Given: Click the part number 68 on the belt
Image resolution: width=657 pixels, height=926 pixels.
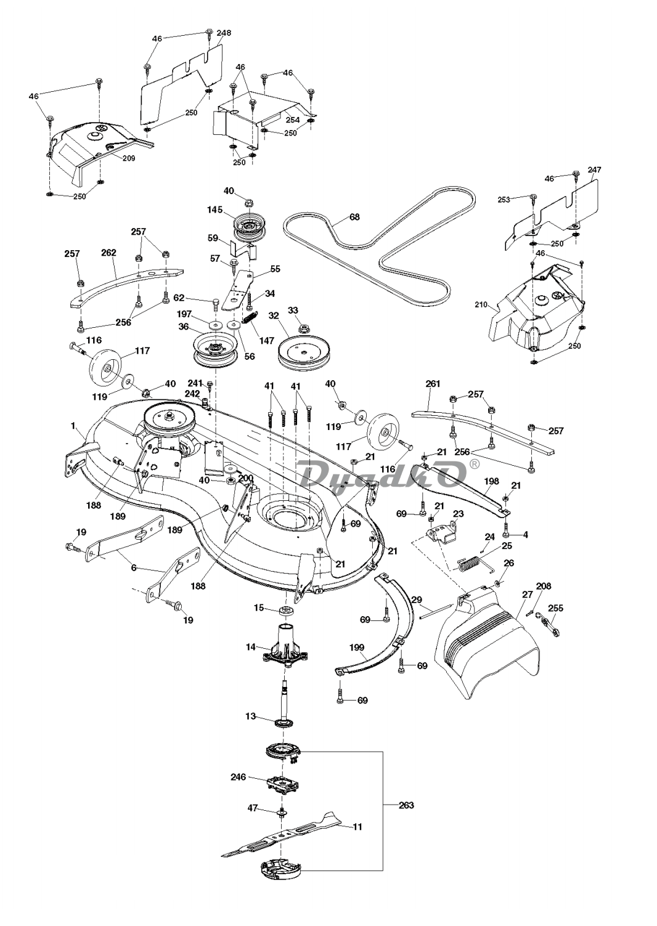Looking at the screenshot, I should pos(354,217).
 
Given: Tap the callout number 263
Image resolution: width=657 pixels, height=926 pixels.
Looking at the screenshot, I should pos(406,805).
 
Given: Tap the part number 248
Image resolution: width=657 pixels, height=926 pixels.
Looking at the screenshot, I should pos(224,33).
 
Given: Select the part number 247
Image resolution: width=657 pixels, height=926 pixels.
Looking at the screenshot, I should pos(594,169).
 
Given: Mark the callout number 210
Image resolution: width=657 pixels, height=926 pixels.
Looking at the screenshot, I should pos(481,304).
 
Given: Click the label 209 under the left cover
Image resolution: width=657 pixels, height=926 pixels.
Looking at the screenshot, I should pos(128,158).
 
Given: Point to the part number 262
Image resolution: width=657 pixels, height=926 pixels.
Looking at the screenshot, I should pos(109,253).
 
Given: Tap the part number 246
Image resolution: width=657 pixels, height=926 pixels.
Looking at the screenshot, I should pos(239,778).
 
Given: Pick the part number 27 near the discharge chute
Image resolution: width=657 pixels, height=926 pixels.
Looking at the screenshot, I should pos(527,595).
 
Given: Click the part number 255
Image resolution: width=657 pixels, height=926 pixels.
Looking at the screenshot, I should pos(555,608).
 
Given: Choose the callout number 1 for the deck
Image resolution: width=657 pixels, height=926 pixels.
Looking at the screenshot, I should pos(73,425).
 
